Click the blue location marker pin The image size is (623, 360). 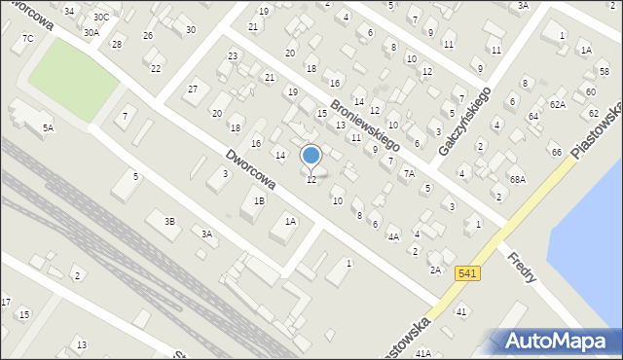click(x=311, y=156)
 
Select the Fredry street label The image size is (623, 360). click(x=526, y=268)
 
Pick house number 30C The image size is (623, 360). click(x=100, y=18)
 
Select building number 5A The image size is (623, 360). click(x=47, y=127)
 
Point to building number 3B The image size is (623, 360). click(x=169, y=222)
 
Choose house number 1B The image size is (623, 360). click(x=258, y=201)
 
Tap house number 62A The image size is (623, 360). click(x=557, y=104)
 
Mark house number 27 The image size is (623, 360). click(x=193, y=90)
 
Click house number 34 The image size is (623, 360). click(x=68, y=11)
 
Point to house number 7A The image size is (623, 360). click(x=410, y=173)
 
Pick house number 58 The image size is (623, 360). click(x=605, y=73)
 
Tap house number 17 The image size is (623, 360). click(x=6, y=303)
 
